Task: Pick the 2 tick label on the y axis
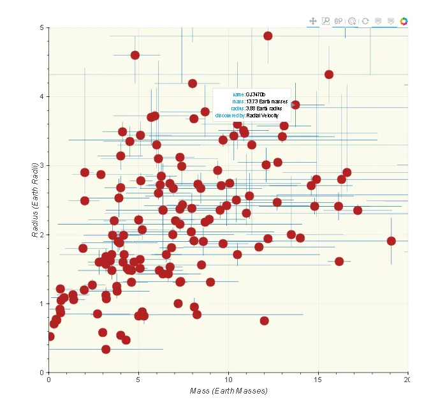[42, 235]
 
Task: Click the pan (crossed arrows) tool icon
[313, 21]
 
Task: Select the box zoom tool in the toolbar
[326, 21]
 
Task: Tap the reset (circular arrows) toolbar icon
[365, 21]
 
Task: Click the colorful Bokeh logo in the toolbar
[404, 21]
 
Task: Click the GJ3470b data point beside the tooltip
[295, 105]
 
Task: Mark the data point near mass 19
[391, 241]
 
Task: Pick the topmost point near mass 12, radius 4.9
[268, 36]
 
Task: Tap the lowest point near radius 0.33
[106, 349]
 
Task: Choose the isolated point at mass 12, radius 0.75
[265, 321]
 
